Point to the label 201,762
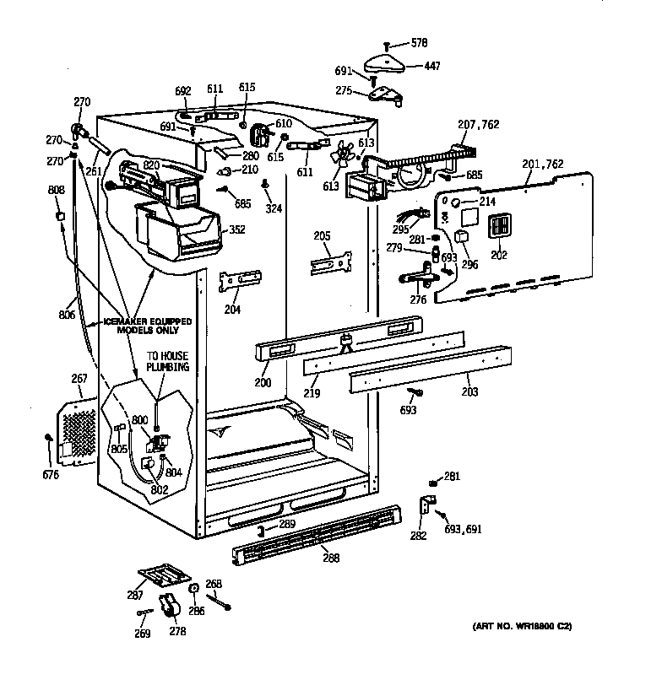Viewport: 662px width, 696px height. tap(542, 164)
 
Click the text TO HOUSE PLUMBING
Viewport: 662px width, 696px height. tap(168, 363)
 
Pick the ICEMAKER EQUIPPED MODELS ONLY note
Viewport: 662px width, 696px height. tap(147, 326)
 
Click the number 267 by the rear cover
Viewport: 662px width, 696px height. tap(79, 380)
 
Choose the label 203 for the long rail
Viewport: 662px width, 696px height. tap(470, 391)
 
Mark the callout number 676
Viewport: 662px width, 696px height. tap(50, 475)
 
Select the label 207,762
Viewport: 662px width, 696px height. tap(478, 125)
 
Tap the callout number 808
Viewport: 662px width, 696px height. tap(56, 190)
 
